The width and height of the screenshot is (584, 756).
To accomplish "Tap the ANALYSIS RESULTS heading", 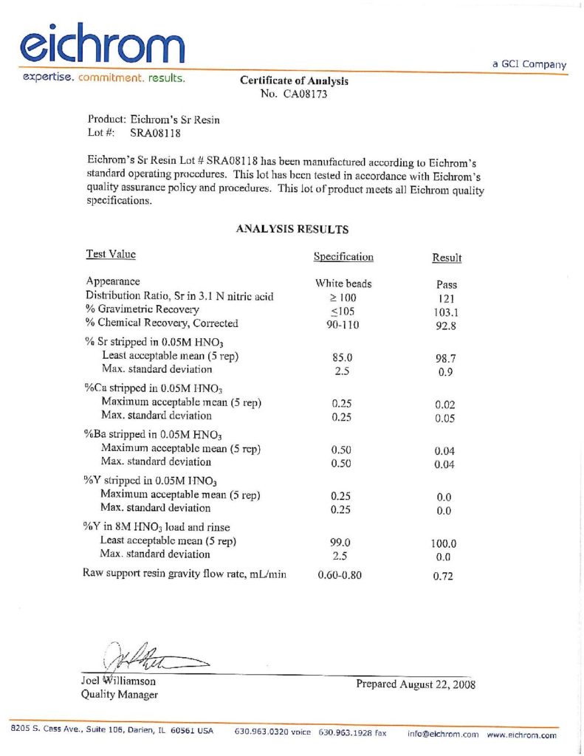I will point(292,230).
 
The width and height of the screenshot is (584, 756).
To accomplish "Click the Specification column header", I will point(343,257).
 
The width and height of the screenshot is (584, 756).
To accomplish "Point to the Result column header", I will point(447,258).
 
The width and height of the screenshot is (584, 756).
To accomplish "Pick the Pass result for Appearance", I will point(447,284).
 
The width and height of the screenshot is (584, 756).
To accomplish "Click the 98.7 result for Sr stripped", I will point(447,357).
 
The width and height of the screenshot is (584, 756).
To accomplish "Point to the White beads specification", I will point(343,283).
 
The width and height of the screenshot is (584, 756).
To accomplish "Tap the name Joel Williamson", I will point(118,681).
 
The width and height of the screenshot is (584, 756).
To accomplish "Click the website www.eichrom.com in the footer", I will point(522,735).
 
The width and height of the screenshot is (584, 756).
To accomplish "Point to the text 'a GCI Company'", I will point(529,64).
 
